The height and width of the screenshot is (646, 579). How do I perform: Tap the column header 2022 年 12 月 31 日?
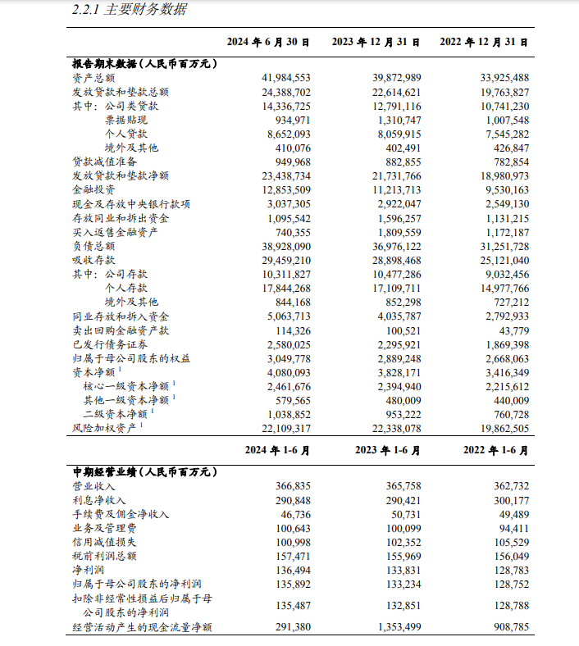[x=484, y=41]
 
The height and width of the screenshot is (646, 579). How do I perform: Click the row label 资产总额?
[x=93, y=77]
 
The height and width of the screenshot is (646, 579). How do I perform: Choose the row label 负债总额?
[x=93, y=246]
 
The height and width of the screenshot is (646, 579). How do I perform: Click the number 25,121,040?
[x=499, y=260]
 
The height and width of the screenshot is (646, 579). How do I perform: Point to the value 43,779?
[x=509, y=330]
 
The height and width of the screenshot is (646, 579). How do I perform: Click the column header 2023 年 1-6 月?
[x=388, y=450]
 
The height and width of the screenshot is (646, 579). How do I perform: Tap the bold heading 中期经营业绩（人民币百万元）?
[x=144, y=472]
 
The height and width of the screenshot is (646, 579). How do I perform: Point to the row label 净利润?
[x=89, y=571]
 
